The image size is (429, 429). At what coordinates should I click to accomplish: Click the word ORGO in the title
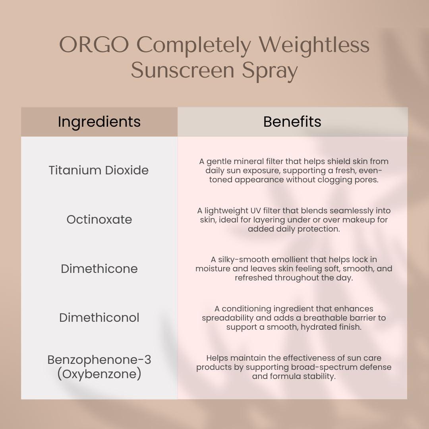[x=94, y=45]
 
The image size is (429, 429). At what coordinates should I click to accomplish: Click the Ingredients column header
[x=99, y=122]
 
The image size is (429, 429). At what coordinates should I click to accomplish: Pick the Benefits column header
[x=292, y=122]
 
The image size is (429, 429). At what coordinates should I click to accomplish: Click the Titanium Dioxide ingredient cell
[x=99, y=170]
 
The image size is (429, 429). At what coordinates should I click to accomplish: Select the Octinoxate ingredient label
[x=99, y=219]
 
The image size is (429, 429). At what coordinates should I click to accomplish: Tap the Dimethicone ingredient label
[x=99, y=269]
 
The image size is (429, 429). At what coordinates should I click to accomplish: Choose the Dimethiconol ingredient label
[x=99, y=317]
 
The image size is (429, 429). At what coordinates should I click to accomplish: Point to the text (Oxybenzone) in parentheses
[x=99, y=374]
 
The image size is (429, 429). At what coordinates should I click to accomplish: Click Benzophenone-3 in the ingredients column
[x=99, y=359]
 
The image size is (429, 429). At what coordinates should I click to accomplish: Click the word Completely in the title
[x=194, y=45]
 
